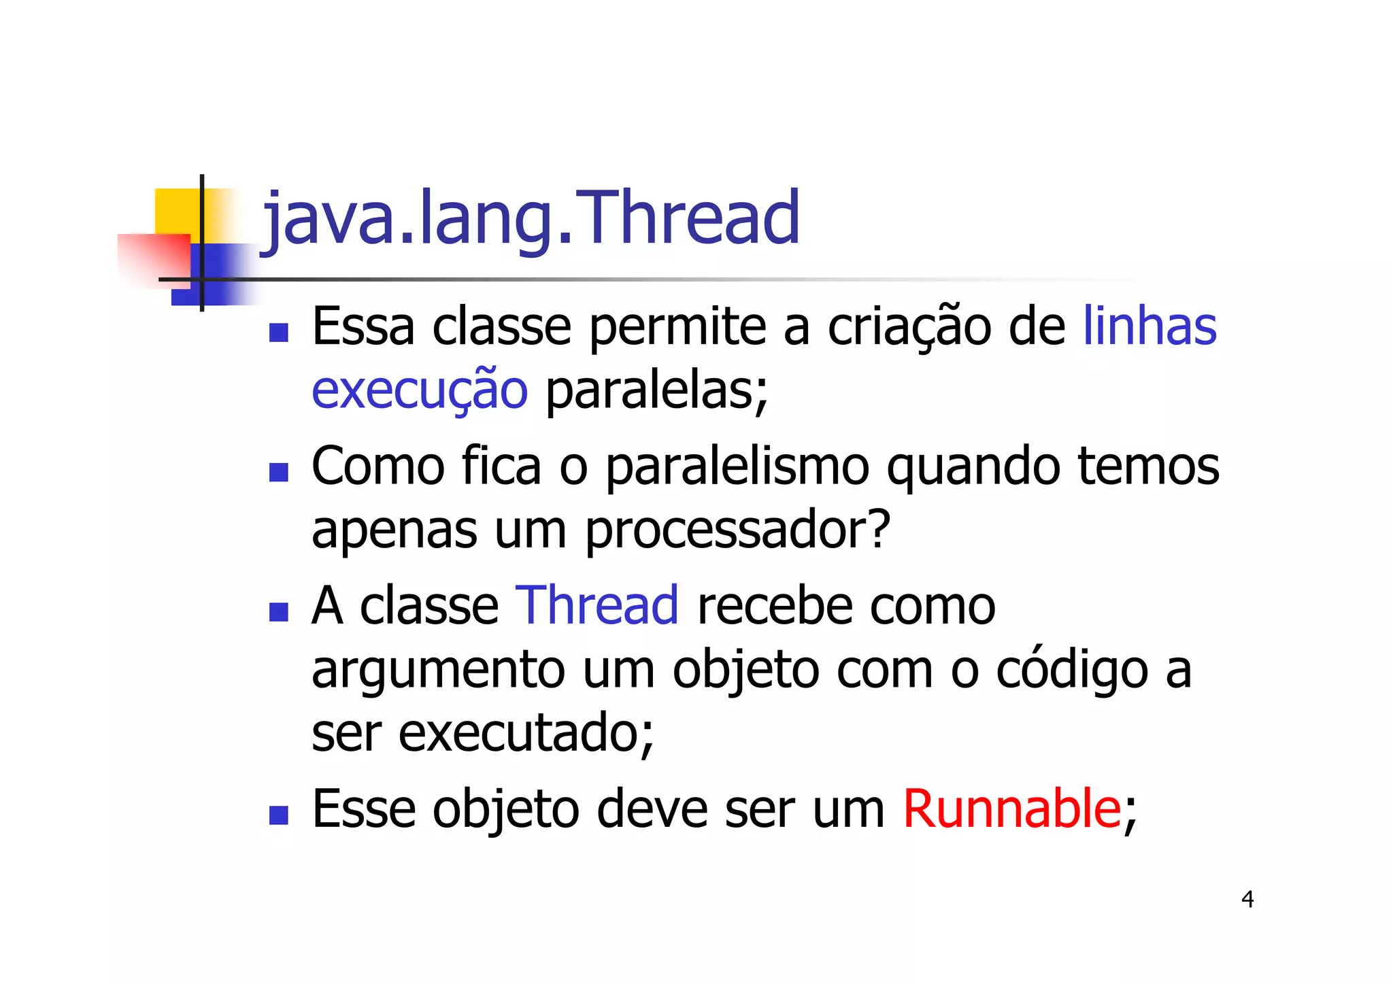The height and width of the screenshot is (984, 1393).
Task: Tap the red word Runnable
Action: coord(1011,809)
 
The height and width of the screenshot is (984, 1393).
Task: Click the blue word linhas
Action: coord(1149,326)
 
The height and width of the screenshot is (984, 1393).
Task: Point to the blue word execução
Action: coord(420,391)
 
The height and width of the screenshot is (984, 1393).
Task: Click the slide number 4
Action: coord(1247,900)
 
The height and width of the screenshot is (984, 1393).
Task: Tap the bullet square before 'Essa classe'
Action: coord(279,332)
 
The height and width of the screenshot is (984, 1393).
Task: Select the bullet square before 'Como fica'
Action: coord(279,472)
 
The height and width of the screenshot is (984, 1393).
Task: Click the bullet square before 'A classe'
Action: coord(279,611)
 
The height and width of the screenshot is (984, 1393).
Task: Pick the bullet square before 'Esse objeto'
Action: coord(279,815)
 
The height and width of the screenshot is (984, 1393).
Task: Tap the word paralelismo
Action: coord(737,467)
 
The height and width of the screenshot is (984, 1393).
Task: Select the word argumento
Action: coord(438,671)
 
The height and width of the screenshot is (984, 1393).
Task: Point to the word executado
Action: coord(519,733)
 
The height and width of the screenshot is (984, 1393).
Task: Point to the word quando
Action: coord(973,467)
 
